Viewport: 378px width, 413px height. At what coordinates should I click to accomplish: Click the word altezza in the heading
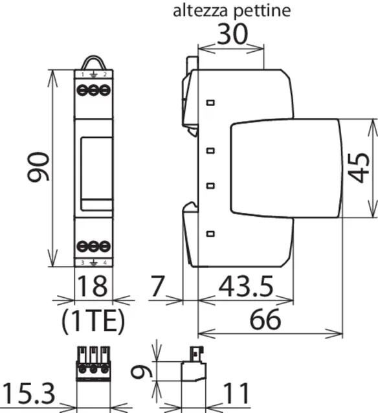(200, 11)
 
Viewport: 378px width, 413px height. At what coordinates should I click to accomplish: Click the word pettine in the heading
(262, 12)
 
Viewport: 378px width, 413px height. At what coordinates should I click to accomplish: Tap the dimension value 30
(232, 34)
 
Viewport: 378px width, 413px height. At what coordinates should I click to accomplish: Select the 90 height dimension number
(38, 167)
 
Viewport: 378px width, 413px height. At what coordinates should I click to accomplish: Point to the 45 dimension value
(359, 168)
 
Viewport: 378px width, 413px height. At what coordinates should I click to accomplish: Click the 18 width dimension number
(92, 285)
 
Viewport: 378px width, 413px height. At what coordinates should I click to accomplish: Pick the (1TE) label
(93, 320)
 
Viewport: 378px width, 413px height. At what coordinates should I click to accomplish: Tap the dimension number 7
(157, 285)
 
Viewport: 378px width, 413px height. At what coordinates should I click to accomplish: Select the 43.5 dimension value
(246, 286)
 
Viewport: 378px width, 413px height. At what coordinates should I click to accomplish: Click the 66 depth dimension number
(265, 319)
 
